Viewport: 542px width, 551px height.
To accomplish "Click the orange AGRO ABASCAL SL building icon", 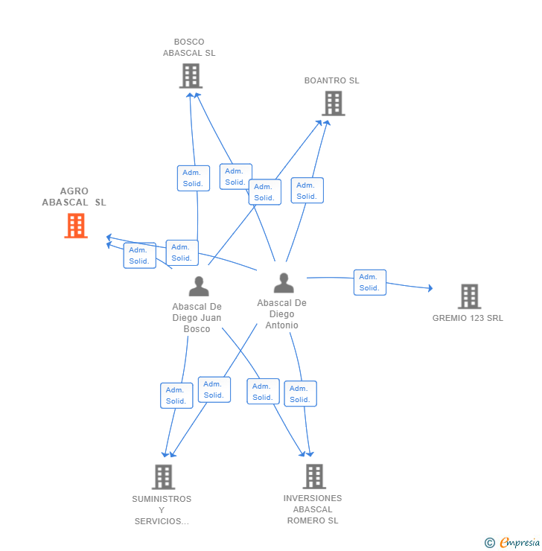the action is click(x=76, y=226).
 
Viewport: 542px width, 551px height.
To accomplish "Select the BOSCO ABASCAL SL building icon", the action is click(x=191, y=75).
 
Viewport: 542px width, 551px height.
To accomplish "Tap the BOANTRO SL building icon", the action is click(x=334, y=103).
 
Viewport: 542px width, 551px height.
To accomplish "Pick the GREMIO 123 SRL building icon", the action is click(x=469, y=296).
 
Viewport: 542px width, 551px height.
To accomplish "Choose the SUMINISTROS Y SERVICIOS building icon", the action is click(x=163, y=477).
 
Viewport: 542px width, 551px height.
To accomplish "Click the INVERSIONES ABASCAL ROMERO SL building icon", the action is click(x=314, y=477).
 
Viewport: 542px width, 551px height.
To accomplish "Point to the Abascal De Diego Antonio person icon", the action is click(x=284, y=283).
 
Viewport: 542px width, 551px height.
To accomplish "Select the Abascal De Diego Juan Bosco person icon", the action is click(x=199, y=287).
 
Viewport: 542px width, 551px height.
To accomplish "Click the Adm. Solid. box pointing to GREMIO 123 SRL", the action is click(x=370, y=282).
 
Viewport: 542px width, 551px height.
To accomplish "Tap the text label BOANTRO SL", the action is click(x=331, y=80).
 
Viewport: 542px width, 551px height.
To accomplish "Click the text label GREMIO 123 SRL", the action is click(x=468, y=318).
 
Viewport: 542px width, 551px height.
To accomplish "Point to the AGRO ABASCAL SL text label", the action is click(x=74, y=197).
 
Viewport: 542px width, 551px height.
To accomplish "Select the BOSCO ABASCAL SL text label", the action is click(x=189, y=48).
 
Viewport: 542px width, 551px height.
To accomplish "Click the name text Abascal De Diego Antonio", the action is click(x=281, y=313).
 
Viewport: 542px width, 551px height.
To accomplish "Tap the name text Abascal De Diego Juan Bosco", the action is click(x=197, y=318).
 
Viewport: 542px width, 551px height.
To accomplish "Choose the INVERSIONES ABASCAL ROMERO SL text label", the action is click(x=313, y=509).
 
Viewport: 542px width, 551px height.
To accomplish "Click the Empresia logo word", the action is click(x=520, y=542).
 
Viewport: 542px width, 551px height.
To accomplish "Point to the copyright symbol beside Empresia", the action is click(x=490, y=543).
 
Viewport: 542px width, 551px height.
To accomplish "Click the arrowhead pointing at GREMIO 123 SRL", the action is click(x=430, y=288).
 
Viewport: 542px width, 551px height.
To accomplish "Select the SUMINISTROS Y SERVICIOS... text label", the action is click(x=162, y=510).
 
